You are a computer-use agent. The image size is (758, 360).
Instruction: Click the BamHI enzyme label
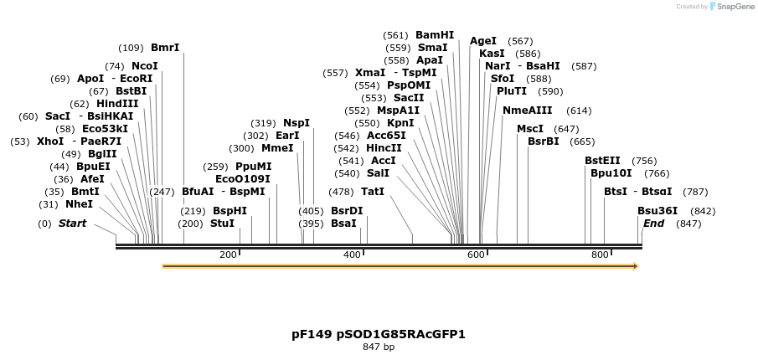click(x=435, y=35)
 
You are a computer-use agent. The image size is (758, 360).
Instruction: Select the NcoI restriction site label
click(x=144, y=66)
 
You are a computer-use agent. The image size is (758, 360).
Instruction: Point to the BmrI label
click(x=165, y=48)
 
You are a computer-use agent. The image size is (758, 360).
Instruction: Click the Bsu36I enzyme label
click(x=657, y=211)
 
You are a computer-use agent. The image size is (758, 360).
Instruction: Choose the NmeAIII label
click(x=528, y=111)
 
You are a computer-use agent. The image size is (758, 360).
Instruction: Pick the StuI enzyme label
click(x=223, y=224)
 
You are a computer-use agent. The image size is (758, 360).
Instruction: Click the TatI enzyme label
click(x=373, y=192)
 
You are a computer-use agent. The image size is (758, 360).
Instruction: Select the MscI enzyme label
click(x=530, y=129)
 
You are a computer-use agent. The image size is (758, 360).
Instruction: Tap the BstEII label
click(x=603, y=161)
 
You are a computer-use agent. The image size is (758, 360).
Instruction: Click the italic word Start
click(x=72, y=224)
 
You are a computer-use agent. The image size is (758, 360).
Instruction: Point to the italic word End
click(x=653, y=224)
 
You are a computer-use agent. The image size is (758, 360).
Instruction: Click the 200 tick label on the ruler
click(x=228, y=255)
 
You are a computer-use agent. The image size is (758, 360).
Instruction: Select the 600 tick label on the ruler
click(x=476, y=255)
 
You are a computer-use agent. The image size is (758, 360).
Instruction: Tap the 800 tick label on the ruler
click(x=600, y=255)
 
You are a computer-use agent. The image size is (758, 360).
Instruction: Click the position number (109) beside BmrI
click(x=131, y=48)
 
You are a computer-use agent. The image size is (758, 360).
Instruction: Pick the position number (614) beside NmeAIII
click(x=579, y=111)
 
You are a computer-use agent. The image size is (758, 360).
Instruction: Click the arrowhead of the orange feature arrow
click(x=636, y=266)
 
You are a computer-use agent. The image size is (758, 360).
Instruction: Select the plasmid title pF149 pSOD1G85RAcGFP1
click(x=379, y=334)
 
